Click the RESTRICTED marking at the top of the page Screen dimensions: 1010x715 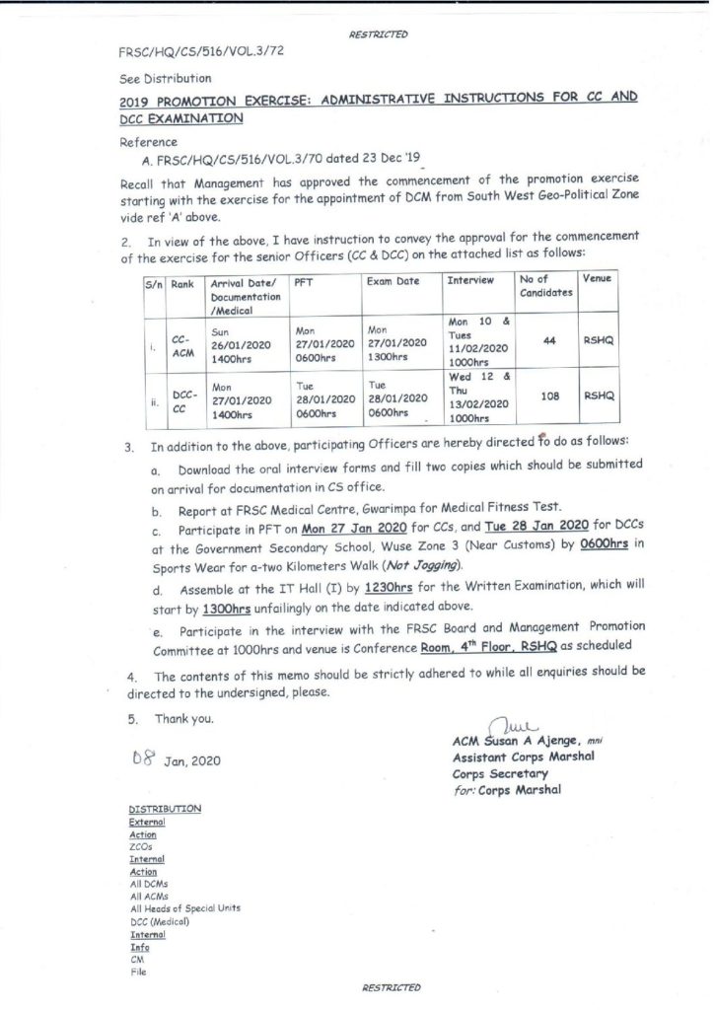[x=378, y=35]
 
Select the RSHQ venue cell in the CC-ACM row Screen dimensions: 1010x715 [x=599, y=341]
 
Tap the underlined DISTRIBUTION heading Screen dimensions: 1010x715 [x=165, y=809]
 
